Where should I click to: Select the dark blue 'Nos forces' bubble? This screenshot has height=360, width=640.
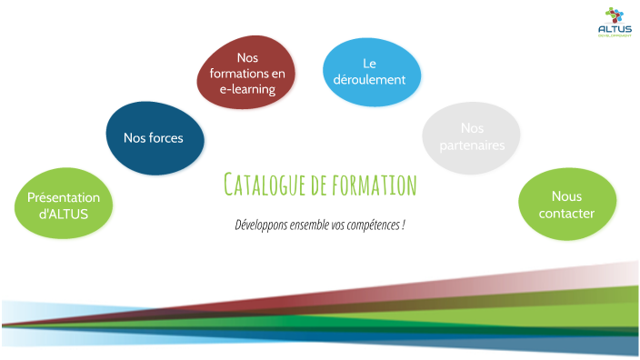(x=154, y=138)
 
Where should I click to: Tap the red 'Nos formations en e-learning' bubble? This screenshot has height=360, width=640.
(x=247, y=73)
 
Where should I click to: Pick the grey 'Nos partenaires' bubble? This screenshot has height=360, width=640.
(x=471, y=136)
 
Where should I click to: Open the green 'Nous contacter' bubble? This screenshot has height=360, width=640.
(x=566, y=205)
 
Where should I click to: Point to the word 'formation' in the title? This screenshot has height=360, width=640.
(x=374, y=185)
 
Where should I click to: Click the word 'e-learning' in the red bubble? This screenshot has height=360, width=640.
(x=247, y=89)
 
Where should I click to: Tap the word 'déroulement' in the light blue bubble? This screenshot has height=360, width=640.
(x=370, y=80)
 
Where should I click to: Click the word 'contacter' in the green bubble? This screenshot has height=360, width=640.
(x=566, y=214)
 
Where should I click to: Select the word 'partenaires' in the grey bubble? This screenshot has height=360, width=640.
(x=471, y=145)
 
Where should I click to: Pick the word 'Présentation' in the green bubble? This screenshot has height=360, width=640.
(x=64, y=197)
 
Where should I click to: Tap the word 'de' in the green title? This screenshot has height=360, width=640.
(x=317, y=185)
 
